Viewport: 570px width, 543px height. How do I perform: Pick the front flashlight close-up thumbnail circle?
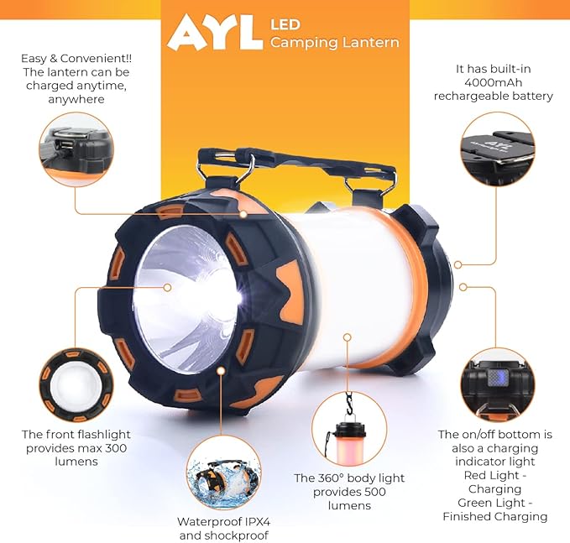click(x=74, y=383)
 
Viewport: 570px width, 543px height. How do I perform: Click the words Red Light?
click(x=494, y=475)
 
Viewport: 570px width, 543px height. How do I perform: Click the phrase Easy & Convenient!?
click(x=76, y=58)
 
